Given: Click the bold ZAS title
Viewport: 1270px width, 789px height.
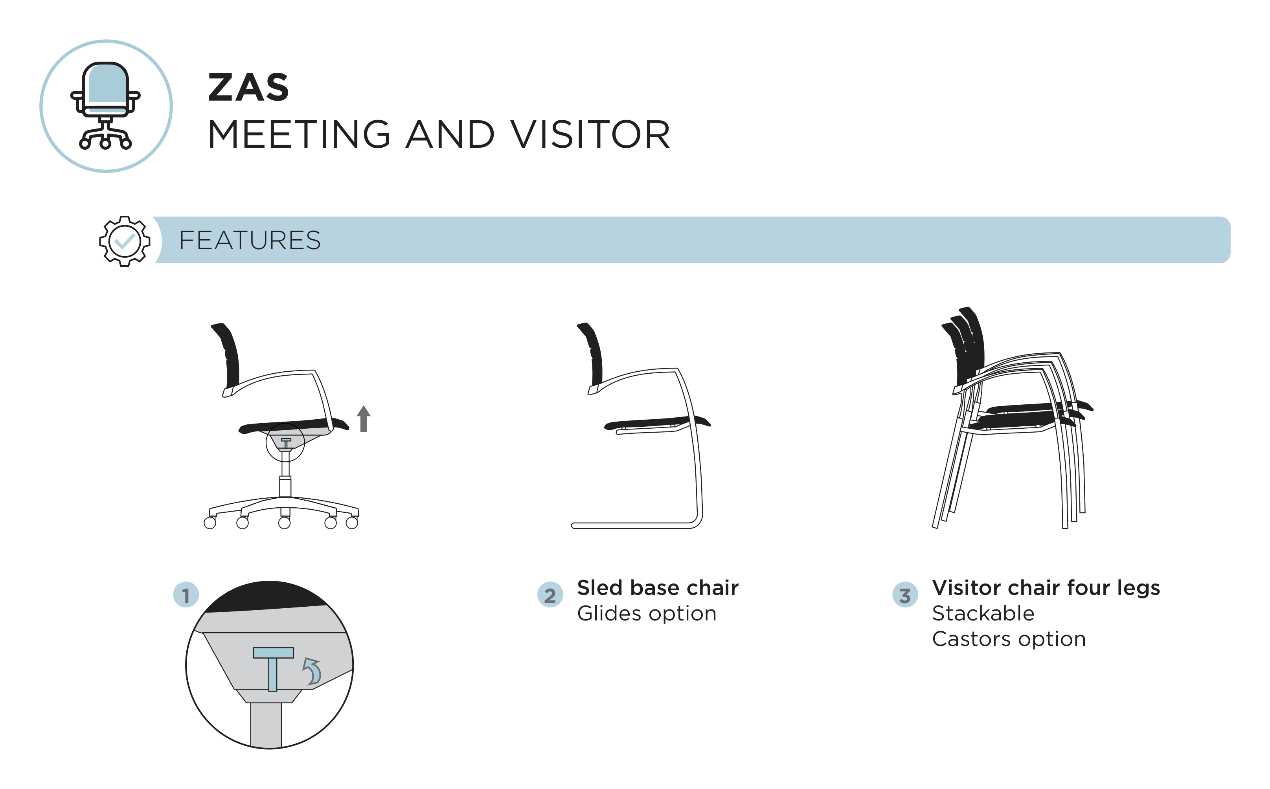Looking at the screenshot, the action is [x=248, y=87].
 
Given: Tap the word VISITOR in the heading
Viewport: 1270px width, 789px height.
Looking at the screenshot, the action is [x=590, y=135].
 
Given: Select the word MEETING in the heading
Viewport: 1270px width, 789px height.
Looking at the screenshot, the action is [x=299, y=135].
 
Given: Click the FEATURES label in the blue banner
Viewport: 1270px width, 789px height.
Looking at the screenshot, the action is [x=250, y=240].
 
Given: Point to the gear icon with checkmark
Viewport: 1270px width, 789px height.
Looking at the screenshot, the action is [x=125, y=241].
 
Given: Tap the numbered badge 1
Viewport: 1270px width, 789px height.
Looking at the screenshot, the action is [x=186, y=595].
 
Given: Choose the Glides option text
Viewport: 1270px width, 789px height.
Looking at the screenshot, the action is [x=647, y=614].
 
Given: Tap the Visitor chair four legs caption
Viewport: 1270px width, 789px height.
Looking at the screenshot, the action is [x=1046, y=588].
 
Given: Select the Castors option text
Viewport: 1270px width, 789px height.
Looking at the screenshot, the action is [x=1009, y=639].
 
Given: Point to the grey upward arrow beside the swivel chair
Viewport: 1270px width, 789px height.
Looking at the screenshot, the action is [x=364, y=418].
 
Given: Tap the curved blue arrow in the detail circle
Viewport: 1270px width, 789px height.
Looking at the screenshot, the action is [x=312, y=671].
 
